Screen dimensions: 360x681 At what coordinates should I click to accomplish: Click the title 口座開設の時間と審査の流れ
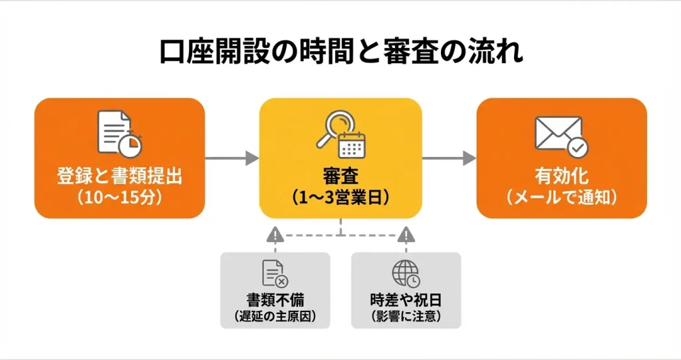(x=340, y=52)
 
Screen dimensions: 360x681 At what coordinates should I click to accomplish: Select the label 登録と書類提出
(x=120, y=177)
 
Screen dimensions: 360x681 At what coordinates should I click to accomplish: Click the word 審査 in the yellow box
(x=340, y=177)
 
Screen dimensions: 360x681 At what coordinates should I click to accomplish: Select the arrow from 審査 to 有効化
(x=450, y=158)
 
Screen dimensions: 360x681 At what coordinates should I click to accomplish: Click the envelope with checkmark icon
(x=561, y=135)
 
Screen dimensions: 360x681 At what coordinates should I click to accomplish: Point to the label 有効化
(x=561, y=177)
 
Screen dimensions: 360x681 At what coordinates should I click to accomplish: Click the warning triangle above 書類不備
(x=275, y=235)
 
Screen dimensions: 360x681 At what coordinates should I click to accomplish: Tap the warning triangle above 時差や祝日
(x=406, y=235)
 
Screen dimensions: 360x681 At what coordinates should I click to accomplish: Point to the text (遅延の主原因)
(x=275, y=315)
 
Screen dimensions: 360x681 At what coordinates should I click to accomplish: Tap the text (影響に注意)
(x=406, y=315)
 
